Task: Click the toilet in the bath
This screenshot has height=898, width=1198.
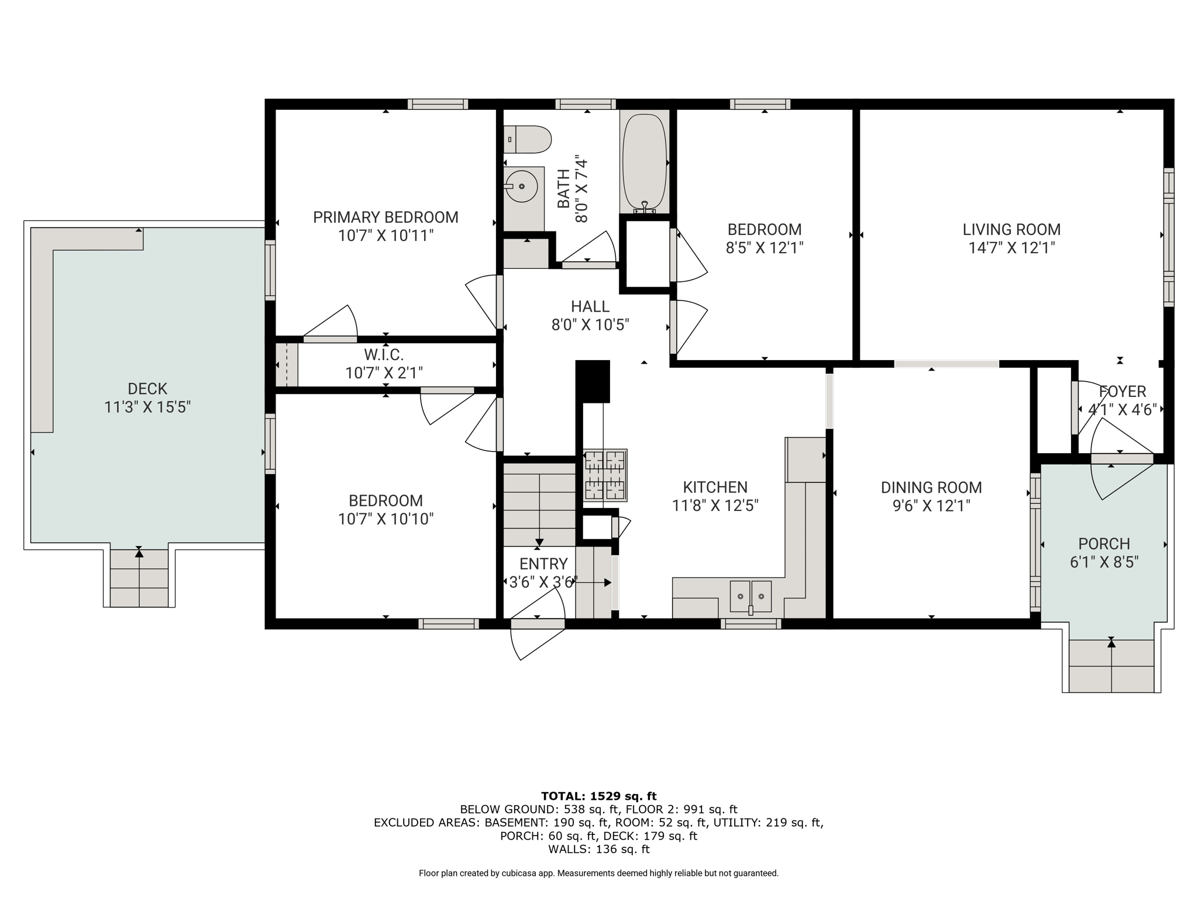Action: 527,140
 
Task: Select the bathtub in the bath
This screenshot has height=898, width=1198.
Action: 644,162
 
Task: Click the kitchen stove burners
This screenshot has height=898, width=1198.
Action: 605,475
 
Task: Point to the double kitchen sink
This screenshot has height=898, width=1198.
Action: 751,596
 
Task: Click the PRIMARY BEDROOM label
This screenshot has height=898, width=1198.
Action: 385,217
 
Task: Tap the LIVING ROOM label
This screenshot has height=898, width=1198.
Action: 1011,230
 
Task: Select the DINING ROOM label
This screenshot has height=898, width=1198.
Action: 931,488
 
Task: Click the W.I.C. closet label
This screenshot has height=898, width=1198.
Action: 384,354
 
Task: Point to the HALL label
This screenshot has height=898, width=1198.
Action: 590,306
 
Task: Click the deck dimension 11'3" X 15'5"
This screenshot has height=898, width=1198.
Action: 147,407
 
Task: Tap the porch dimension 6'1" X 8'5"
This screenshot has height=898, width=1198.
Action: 1104,562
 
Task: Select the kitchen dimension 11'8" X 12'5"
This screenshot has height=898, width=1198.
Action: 715,506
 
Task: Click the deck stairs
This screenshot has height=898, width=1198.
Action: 139,578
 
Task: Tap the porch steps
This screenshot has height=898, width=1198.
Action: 1111,666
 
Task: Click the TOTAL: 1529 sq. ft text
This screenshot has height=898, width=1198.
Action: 599,796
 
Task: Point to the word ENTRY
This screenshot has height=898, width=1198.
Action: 543,564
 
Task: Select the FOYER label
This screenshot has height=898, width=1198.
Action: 1122,392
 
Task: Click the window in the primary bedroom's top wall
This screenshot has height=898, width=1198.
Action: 438,104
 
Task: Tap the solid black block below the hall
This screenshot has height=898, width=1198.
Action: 593,381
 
